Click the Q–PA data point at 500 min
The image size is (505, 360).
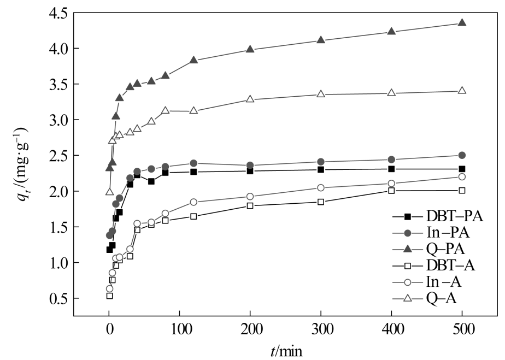(462, 23)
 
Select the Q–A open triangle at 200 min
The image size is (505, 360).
(250, 99)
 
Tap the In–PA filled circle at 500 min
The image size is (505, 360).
(462, 155)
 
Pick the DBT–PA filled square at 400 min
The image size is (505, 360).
(391, 169)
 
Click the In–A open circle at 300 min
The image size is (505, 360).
(321, 188)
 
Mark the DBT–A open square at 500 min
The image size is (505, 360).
(462, 190)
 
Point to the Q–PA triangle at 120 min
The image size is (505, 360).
(193, 60)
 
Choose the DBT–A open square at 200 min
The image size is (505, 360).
(250, 205)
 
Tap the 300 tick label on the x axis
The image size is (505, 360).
(321, 329)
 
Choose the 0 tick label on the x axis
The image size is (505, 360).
(109, 329)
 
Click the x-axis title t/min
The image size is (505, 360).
(285, 350)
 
